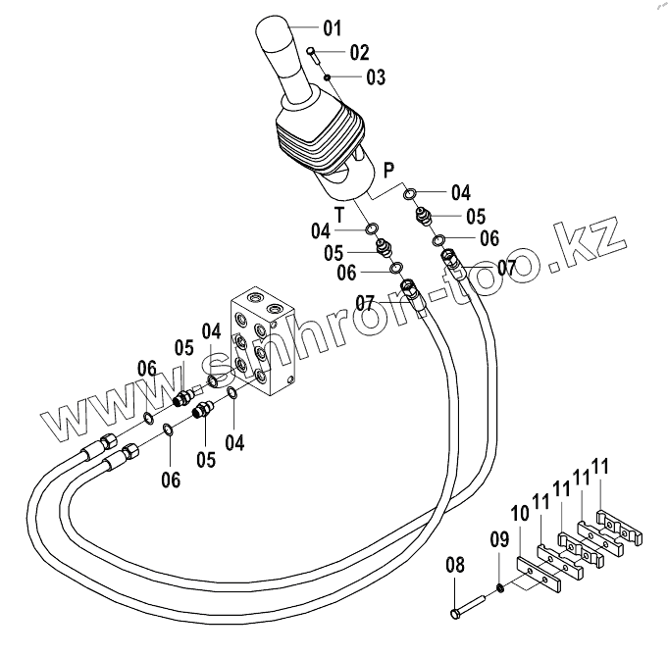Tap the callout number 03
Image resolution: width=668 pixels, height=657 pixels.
coord(376,76)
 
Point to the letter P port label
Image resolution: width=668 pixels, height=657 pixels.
coord(388,169)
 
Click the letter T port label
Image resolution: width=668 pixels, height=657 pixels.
coord(339,214)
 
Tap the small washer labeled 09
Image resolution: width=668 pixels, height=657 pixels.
coord(501,587)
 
